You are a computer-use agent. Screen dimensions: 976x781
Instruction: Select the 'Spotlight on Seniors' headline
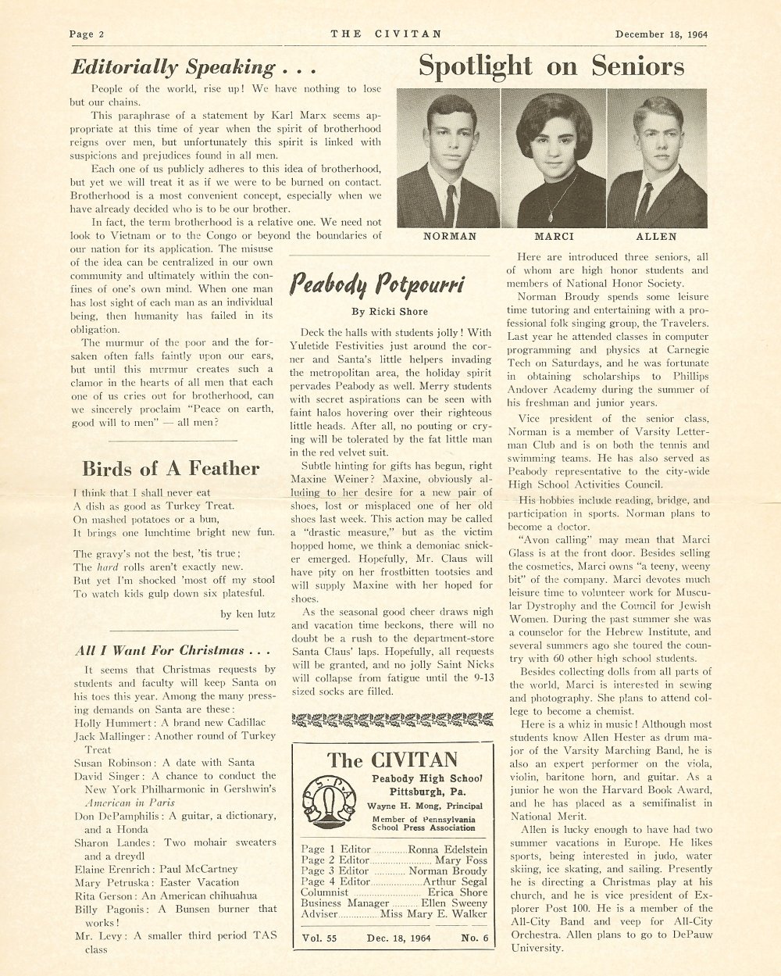click(x=551, y=66)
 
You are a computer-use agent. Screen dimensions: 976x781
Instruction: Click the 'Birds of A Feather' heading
click(x=170, y=468)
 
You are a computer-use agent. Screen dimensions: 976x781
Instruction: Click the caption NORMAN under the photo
click(x=449, y=236)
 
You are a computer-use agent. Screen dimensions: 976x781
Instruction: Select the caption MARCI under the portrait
click(x=554, y=236)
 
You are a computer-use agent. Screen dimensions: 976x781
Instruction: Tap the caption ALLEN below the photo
click(x=657, y=236)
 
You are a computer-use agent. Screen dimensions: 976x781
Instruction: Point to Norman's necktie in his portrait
click(x=450, y=204)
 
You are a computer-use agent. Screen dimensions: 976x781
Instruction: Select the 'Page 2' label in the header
click(x=87, y=34)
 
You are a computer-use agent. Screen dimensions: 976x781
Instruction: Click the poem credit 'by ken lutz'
click(x=247, y=613)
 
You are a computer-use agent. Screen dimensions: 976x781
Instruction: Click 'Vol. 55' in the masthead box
click(x=320, y=938)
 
